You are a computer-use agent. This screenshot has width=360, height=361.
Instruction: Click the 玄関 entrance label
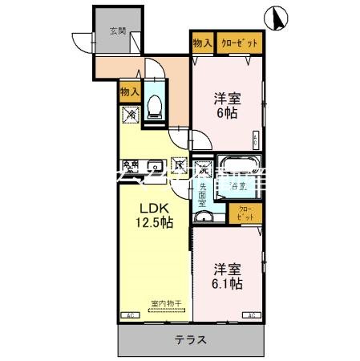tap(117, 32)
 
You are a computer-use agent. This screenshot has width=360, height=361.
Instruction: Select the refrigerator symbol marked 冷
tap(130, 115)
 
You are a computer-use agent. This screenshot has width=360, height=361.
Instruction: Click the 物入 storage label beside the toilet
tap(130, 91)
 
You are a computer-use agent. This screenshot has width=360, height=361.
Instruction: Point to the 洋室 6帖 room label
tap(226, 106)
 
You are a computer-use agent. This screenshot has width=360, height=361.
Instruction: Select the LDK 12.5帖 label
tap(151, 215)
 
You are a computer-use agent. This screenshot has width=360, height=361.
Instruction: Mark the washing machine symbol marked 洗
tap(205, 169)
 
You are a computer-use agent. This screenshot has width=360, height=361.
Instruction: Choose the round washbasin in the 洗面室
tap(202, 216)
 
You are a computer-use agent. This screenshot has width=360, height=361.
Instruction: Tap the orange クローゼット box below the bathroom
tap(245, 213)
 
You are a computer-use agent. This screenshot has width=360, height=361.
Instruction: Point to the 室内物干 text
tap(167, 302)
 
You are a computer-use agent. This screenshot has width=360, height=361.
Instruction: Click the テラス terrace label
tap(192, 339)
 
